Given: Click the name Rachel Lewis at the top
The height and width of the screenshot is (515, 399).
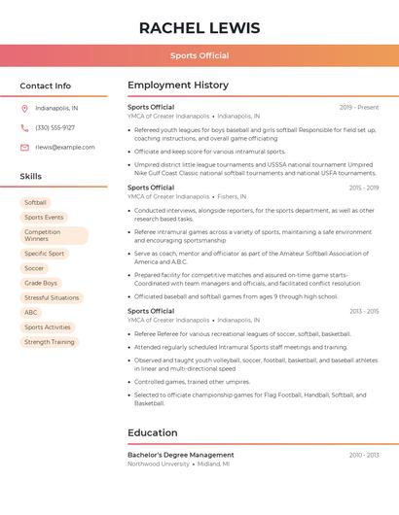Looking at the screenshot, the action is click(x=199, y=27).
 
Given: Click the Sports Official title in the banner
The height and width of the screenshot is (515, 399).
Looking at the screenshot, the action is click(x=199, y=55).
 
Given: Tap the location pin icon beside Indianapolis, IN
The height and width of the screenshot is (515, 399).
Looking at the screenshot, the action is click(x=24, y=108).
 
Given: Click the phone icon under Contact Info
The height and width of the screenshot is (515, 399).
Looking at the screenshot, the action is click(x=24, y=127).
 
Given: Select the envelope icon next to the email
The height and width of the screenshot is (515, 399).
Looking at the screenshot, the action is click(x=24, y=148).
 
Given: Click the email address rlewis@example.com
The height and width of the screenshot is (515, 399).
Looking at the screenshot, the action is click(x=65, y=148).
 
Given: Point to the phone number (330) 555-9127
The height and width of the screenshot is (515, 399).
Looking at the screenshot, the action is click(x=54, y=127).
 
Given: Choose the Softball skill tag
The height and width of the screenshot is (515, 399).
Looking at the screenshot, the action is click(x=35, y=202).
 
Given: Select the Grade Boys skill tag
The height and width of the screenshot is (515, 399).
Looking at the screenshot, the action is click(x=41, y=283).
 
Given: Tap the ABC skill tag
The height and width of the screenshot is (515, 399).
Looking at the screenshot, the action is click(x=31, y=312).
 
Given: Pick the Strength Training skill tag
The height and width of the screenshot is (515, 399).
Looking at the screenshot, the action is click(x=50, y=342).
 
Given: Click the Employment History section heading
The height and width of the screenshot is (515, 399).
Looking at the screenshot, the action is click(x=178, y=86).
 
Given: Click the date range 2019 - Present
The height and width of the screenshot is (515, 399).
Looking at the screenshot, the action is click(x=359, y=107).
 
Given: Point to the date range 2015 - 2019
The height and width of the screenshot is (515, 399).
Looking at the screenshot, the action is click(x=363, y=188).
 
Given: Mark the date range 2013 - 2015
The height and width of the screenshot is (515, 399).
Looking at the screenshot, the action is click(x=363, y=311).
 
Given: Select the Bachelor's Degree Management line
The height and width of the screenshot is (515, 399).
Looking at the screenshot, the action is click(x=181, y=455).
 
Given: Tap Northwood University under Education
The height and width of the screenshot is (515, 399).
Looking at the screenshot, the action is click(x=159, y=463).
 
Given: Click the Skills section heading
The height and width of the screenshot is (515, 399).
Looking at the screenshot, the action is click(x=31, y=177).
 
